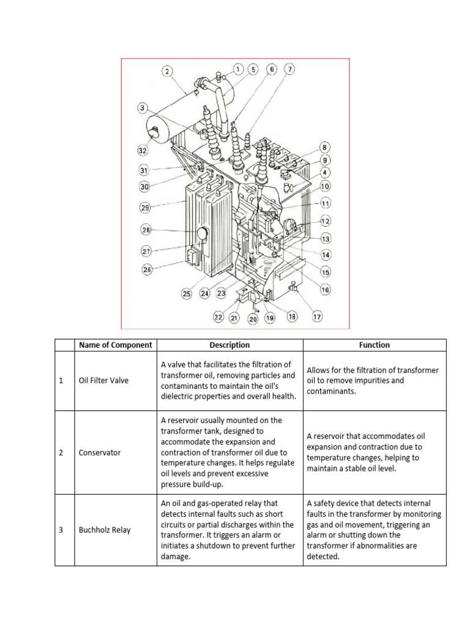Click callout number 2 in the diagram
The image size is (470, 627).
point(167,71)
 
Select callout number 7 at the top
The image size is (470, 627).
point(289,69)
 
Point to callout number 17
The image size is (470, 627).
point(317,317)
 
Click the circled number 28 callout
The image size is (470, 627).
point(146,230)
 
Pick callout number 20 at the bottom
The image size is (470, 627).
point(252,318)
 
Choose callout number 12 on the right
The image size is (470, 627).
point(326,220)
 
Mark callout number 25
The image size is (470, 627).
point(187,294)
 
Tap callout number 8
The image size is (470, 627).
point(325,147)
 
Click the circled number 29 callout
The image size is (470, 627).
point(145,208)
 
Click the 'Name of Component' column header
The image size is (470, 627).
point(115,345)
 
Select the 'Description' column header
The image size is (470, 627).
point(229,345)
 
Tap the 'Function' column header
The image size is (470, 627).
point(375,345)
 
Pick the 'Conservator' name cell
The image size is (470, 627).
point(100,452)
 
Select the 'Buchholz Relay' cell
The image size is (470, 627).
point(104,530)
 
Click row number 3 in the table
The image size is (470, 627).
point(61,530)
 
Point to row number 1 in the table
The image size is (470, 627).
point(61,381)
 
